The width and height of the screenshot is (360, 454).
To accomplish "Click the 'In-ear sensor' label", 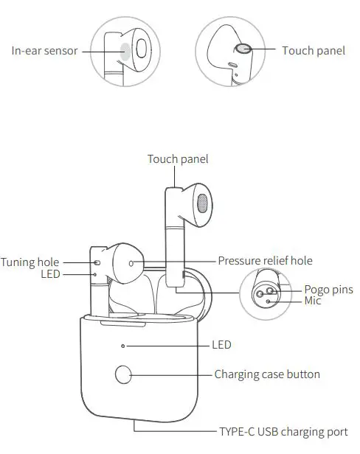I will tap(44, 51).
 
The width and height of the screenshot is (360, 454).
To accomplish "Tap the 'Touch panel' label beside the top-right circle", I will tap(314, 50).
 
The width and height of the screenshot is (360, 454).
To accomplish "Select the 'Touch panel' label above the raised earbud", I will tap(178, 158).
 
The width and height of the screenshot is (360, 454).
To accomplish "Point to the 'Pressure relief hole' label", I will tap(265, 261).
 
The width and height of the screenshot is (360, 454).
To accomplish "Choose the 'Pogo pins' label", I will tap(328, 289).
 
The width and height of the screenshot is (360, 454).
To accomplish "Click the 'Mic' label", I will tap(313, 301).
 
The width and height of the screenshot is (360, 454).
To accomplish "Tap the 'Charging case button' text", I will tap(267, 374).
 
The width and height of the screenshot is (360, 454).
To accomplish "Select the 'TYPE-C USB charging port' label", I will tap(283, 432).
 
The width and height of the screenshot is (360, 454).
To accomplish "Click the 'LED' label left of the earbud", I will tap(49, 274).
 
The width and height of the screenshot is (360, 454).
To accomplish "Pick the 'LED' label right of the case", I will tap(222, 344).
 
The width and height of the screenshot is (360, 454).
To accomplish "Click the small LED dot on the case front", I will tap(124, 344).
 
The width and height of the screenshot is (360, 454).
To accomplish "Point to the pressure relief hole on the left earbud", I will tap(132, 262).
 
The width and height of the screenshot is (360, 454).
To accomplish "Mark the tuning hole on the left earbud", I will tap(96, 262).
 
